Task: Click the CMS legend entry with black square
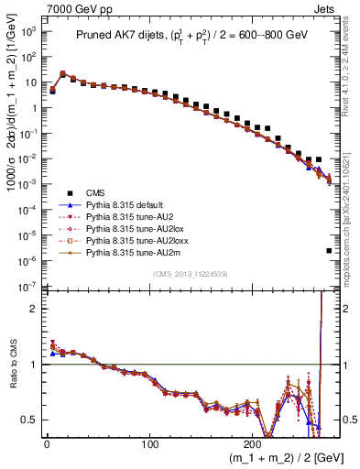click(95, 193)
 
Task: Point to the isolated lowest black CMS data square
click(329, 250)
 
